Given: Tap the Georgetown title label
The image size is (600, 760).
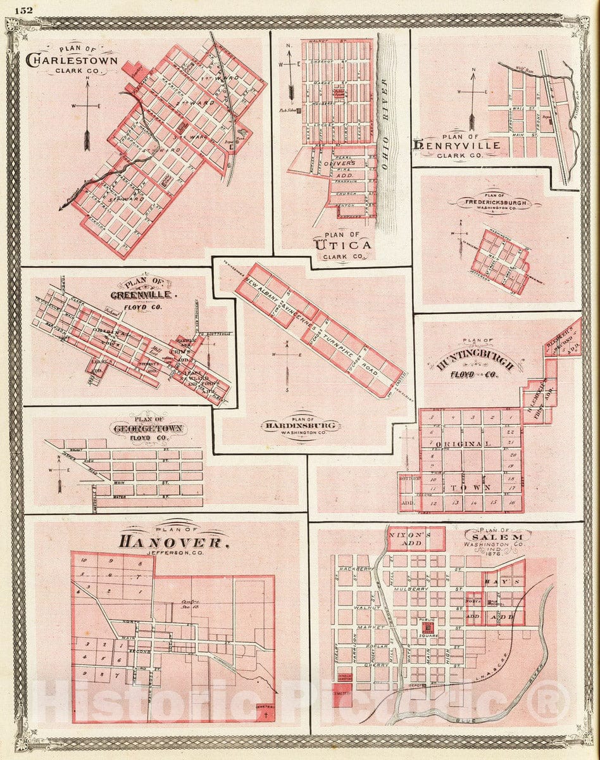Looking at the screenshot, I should point(147,429).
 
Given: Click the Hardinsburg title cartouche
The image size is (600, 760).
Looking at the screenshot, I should point(300,426).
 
